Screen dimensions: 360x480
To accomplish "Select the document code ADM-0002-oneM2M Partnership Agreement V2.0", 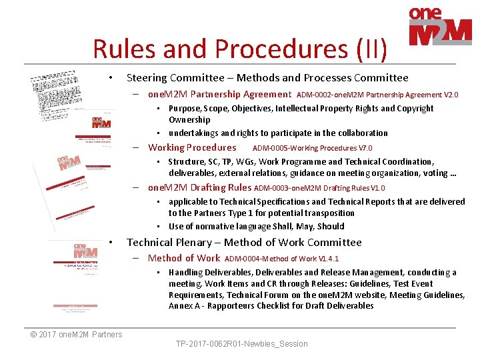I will [377, 95].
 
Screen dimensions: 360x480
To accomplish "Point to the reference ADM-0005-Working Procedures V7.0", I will [312, 148].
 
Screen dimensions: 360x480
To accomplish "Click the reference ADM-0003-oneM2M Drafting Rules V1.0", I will [319, 188].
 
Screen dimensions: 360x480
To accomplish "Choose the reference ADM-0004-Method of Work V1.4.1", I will [282, 259].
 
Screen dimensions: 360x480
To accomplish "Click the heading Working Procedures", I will [192, 147].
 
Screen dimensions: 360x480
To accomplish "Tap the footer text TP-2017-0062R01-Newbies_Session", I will [241, 344].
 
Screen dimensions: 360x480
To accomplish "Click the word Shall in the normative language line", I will [286, 225].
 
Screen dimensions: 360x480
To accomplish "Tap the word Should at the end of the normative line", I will [331, 225].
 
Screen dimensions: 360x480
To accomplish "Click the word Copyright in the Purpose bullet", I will [411, 109].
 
